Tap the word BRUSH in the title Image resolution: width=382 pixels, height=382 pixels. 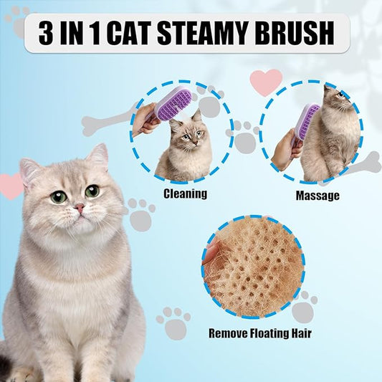coord(294,33)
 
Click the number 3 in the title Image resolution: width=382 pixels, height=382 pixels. coord(46,33)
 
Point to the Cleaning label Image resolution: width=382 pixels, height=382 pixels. coord(185,194)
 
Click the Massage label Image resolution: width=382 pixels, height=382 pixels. coord(317,196)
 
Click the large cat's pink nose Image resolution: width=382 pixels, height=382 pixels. coord(80,208)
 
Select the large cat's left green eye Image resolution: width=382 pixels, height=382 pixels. coord(59,197)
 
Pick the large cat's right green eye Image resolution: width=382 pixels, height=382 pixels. coord(92,191)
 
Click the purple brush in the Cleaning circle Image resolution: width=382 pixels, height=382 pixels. coord(171,104)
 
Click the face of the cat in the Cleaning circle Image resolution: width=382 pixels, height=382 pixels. coord(189,135)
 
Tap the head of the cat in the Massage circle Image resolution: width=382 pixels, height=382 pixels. coord(336,95)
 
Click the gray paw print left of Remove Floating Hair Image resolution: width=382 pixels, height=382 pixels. coord(173,323)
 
